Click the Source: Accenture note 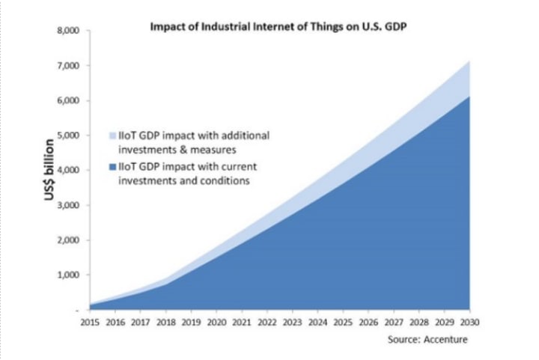[x=427, y=340]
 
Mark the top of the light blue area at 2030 [x=469, y=62]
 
